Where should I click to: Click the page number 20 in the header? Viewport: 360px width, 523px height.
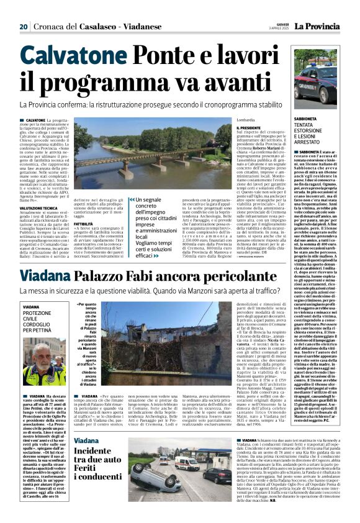coord(24,26)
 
